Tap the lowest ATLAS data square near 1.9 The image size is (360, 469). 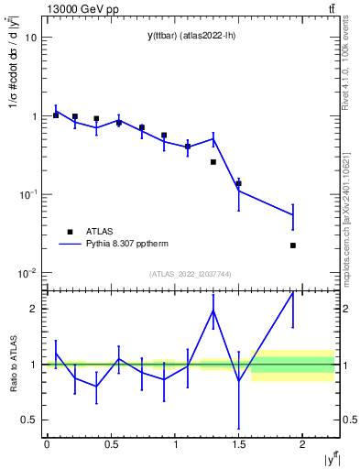(x=293, y=245)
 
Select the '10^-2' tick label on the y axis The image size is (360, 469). (x=27, y=273)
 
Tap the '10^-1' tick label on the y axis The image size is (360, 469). (x=27, y=194)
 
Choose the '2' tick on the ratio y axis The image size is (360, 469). (x=34, y=309)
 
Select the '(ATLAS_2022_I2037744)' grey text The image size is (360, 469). (x=191, y=274)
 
